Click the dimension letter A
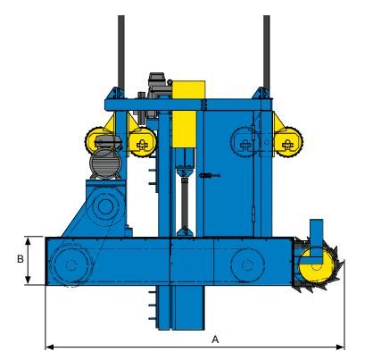[x=215, y=339]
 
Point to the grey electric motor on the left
[x=104, y=163]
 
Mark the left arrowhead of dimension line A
[x=48, y=347]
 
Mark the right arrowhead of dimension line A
[x=342, y=347]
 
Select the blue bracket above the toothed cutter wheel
[x=315, y=231]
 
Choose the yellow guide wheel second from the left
[x=140, y=140]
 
